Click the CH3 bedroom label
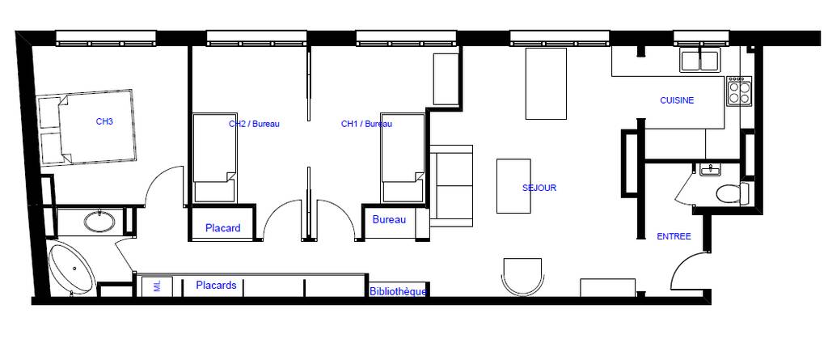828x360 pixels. point(104,121)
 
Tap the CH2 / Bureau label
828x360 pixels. point(254,125)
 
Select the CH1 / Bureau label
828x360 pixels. point(366,125)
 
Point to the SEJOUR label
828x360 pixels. point(539,188)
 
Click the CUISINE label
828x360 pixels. point(677,100)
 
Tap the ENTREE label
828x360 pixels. point(674,237)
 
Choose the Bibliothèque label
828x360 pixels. point(398,291)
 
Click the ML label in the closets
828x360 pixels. point(156,286)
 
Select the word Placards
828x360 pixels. point(216,286)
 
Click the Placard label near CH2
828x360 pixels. point(223,228)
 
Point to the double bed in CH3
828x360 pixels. point(87,127)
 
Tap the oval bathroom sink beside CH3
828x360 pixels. point(100,222)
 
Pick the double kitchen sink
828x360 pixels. point(699,61)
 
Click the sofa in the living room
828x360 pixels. point(451,185)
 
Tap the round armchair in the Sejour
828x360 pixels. point(523,277)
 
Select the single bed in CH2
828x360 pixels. point(213,158)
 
